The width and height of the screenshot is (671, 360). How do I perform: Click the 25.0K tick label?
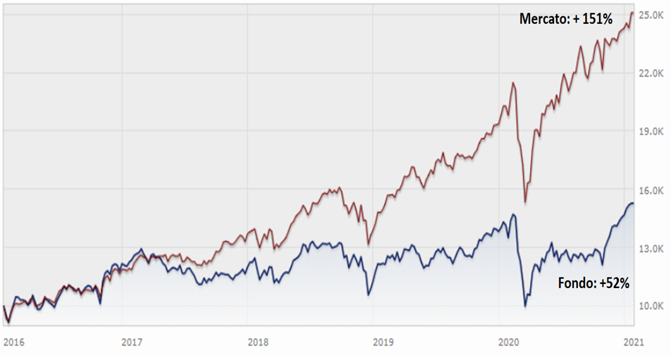650,14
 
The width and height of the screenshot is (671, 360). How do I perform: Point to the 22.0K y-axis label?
650,73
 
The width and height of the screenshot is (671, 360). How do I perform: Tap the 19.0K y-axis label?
650,131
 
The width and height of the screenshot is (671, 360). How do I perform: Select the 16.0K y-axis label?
650,190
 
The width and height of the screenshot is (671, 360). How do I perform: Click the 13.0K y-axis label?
650,249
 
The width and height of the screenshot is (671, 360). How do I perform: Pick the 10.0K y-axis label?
650,306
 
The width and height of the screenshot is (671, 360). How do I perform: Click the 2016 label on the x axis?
13,342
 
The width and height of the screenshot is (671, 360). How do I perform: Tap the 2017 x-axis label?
132,342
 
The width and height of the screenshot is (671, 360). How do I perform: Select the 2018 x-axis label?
258,342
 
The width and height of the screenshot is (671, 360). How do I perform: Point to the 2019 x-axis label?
383,342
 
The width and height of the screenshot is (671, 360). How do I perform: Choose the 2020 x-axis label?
508,342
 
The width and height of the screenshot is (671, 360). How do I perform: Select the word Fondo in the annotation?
574,283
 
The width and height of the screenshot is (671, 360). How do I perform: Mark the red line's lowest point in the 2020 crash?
526,202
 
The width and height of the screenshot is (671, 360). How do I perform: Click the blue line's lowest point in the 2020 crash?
525,306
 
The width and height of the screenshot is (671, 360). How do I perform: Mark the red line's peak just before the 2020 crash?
514,83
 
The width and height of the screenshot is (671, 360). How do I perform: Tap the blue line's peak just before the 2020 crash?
514,214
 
